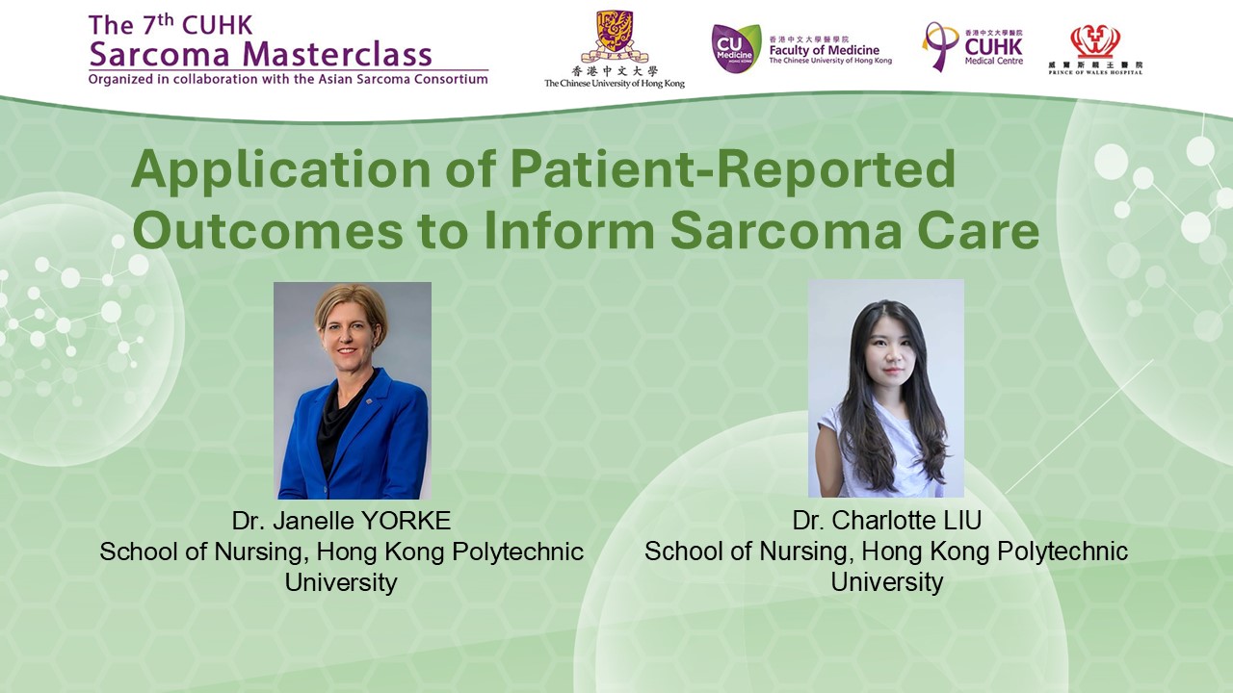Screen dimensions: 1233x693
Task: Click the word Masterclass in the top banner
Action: (337, 54)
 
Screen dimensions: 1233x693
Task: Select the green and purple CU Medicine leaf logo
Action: (736, 48)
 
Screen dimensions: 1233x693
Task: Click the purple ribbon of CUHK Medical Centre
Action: (938, 47)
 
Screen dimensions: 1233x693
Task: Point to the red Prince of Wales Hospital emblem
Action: (1095, 41)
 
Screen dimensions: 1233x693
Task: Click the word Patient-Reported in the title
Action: (733, 170)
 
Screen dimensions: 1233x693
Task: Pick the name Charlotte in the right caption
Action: (877, 521)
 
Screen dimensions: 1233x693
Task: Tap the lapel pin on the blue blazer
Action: (368, 402)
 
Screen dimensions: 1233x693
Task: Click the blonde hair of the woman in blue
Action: (352, 303)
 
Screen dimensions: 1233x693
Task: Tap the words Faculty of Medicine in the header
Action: (824, 50)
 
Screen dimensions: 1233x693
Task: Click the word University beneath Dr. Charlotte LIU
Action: (887, 582)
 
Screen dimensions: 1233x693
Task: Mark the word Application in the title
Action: (280, 171)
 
